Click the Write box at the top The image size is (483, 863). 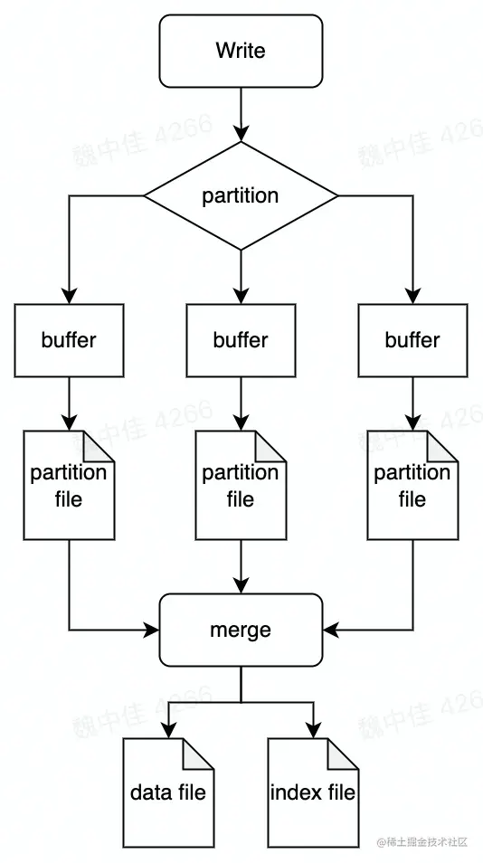(241, 51)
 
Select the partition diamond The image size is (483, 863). (241, 195)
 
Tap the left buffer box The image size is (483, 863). (69, 340)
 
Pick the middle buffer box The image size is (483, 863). (241, 340)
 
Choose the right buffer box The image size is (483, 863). (412, 340)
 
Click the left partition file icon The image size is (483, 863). (69, 486)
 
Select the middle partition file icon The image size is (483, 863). (241, 486)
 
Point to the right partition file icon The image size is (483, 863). (412, 486)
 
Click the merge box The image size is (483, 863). (241, 630)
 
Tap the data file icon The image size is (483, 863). (168, 793)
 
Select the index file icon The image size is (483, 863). (313, 793)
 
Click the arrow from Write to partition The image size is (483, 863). (241, 113)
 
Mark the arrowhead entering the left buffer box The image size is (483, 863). (69, 296)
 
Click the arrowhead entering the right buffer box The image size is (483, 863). (412, 296)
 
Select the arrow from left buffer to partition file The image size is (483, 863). (69, 403)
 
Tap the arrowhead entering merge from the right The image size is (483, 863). (331, 630)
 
